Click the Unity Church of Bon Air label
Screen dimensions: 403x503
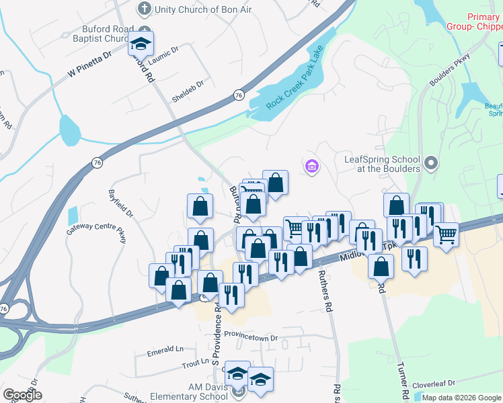[x=193, y=9]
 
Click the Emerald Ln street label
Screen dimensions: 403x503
[x=165, y=349]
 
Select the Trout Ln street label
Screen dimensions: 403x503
[x=195, y=361]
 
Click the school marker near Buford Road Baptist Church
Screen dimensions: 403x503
[x=141, y=44]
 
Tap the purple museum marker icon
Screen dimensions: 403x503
[x=311, y=166]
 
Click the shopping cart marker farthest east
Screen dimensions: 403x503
[x=446, y=235]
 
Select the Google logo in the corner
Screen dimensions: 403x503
[x=22, y=395]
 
